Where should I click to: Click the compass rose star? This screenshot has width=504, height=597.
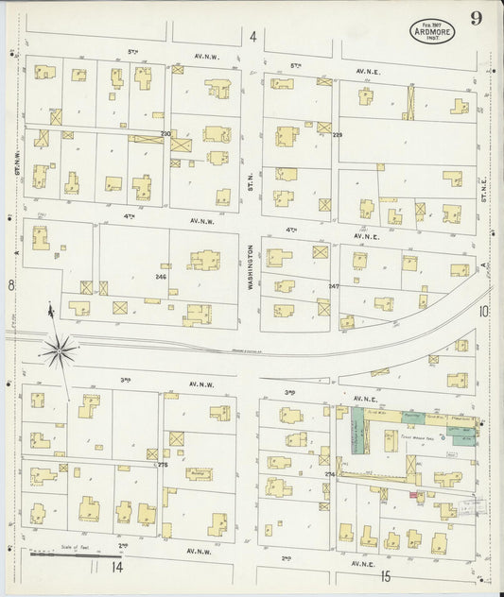[59, 351]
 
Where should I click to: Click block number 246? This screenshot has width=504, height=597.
[161, 277]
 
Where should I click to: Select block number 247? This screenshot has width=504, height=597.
[333, 284]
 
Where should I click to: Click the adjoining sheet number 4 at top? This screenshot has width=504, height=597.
[252, 37]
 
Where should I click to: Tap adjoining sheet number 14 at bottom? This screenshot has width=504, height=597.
[116, 567]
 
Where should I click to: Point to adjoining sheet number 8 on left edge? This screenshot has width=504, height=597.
[11, 284]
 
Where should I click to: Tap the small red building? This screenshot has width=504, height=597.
[414, 494]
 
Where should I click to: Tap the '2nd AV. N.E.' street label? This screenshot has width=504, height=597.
[322, 559]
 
